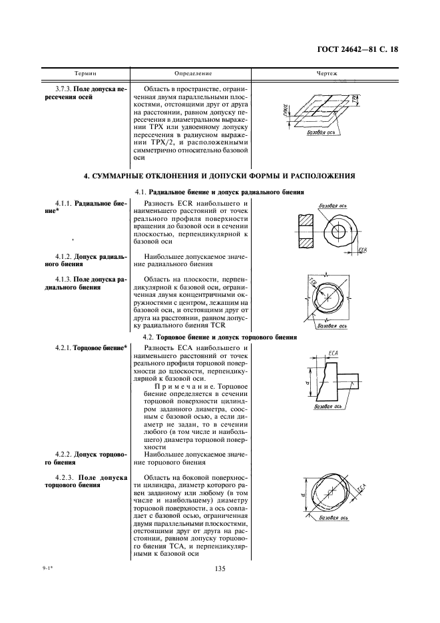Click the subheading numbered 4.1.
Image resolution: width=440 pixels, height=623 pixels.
139,192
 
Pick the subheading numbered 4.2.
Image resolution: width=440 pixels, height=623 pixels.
147,337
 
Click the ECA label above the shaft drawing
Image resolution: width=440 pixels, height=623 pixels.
335,351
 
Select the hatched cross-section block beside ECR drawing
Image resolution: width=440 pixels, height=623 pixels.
306,233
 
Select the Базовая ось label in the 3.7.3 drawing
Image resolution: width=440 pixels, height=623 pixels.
319,133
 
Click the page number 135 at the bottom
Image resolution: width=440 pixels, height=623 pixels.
220,568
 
